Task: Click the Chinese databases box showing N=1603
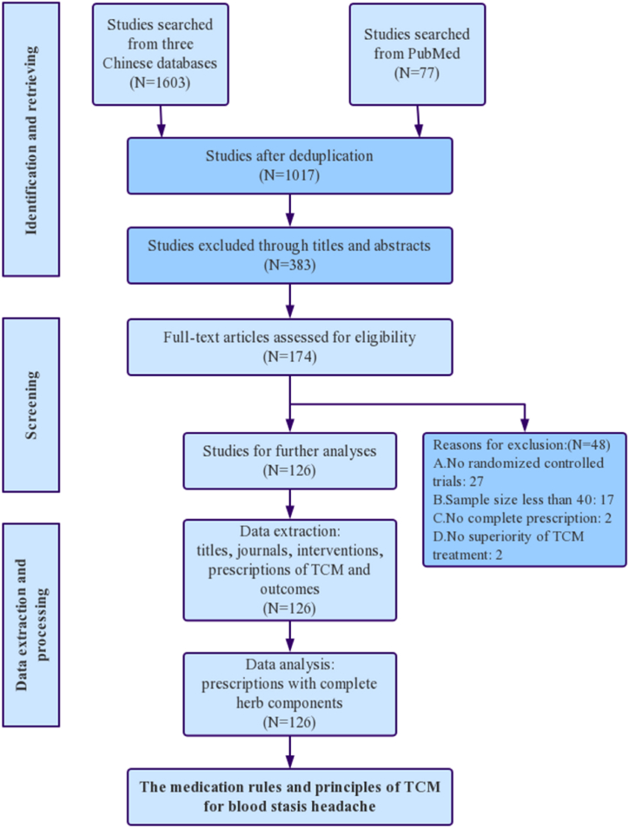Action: click(160, 54)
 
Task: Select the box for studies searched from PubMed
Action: click(417, 54)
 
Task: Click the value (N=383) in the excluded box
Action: click(289, 261)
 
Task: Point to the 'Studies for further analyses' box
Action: click(289, 460)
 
